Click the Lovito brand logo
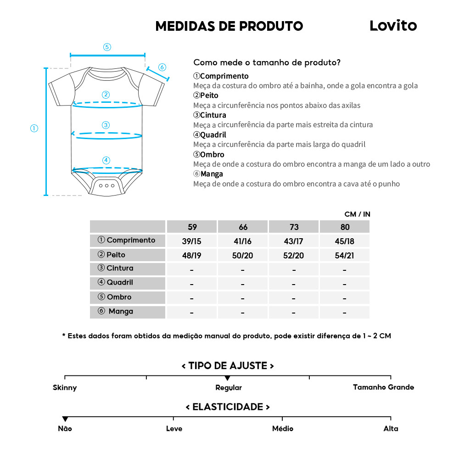pyautogui.click(x=393, y=26)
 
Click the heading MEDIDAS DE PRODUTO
pyautogui.click(x=229, y=26)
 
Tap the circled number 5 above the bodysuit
pyautogui.click(x=107, y=47)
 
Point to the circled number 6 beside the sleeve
pyautogui.click(x=162, y=67)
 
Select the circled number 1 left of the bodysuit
pyautogui.click(x=34, y=129)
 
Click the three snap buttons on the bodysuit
pyautogui.click(x=106, y=185)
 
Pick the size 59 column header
pyautogui.click(x=192, y=227)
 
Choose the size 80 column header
pyautogui.click(x=345, y=227)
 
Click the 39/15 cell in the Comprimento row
pyautogui.click(x=192, y=241)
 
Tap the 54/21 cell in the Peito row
pyautogui.click(x=345, y=255)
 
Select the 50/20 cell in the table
pyautogui.click(x=242, y=255)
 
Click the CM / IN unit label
pyautogui.click(x=357, y=214)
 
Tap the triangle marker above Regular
pyautogui.click(x=227, y=378)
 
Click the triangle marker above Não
pyautogui.click(x=65, y=419)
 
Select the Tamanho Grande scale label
pyautogui.click(x=383, y=387)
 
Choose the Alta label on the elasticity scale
pyautogui.click(x=391, y=429)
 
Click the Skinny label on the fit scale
pyautogui.click(x=65, y=387)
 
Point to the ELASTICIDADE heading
pyautogui.click(x=228, y=407)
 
